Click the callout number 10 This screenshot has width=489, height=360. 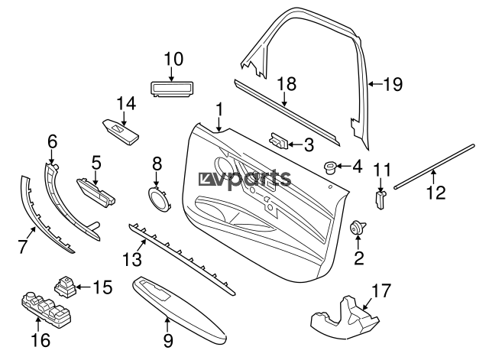(x=173, y=58)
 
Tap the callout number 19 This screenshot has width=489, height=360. (x=390, y=86)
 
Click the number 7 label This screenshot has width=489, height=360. (x=22, y=245)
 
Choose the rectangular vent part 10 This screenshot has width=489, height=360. (x=172, y=89)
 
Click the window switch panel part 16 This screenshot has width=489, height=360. (x=43, y=308)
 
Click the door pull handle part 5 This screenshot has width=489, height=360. (x=96, y=189)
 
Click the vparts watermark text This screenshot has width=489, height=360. (x=245, y=179)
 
